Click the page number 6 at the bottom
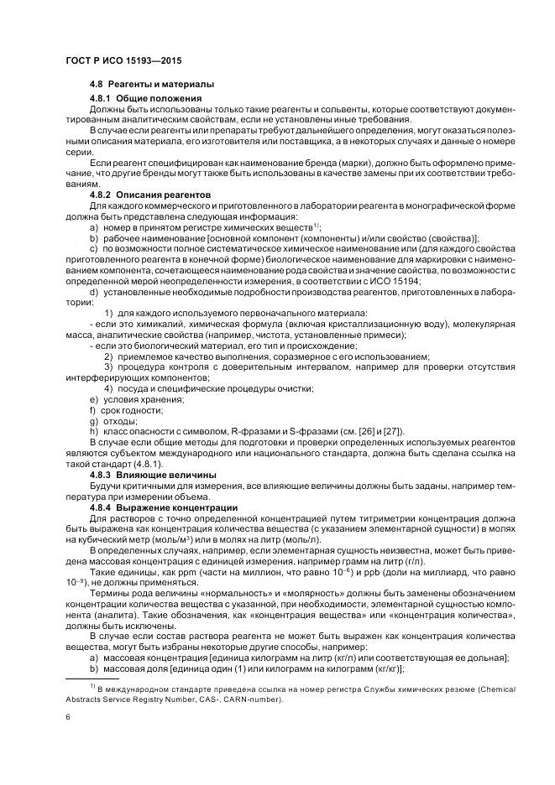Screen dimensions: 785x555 (66, 718)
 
